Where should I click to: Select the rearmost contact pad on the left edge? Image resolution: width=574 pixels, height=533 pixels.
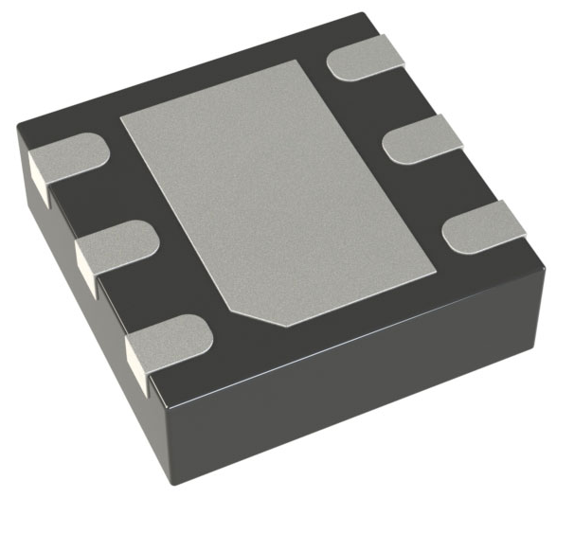(71, 156)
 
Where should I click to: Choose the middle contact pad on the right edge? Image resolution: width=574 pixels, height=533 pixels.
(422, 140)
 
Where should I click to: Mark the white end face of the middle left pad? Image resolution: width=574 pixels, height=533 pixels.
(84, 270)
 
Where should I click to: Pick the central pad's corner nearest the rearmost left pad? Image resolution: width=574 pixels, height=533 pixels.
(123, 118)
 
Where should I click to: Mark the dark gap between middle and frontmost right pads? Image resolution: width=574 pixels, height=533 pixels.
(445, 189)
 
